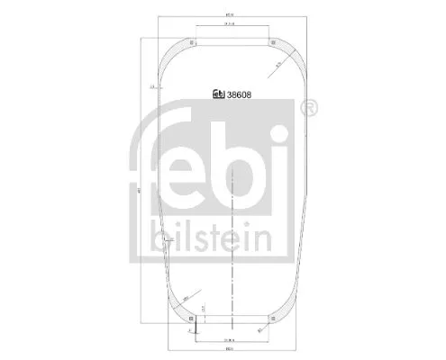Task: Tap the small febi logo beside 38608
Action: coord(216,93)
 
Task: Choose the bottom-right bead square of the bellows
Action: coord(274,318)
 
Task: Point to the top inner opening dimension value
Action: coord(232,26)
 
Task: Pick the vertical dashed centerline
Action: coord(232,243)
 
